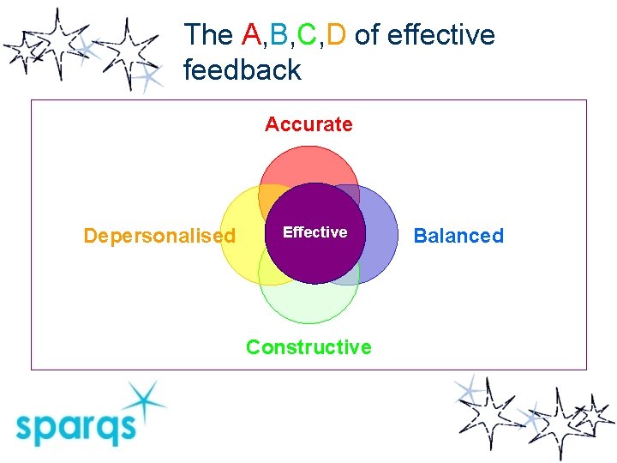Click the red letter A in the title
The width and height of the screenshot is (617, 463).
click(251, 35)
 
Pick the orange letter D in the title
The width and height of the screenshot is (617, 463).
click(336, 35)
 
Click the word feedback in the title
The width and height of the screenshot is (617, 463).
click(243, 69)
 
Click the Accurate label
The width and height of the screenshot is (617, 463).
click(308, 124)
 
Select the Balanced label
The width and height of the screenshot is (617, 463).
click(458, 236)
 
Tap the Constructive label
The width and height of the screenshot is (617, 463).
click(308, 347)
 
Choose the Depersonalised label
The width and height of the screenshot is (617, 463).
click(159, 236)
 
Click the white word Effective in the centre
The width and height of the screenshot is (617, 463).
click(314, 232)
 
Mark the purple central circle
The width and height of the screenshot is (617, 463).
click(314, 253)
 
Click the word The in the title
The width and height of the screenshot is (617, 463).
click(208, 35)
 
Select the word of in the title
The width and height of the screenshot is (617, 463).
click(365, 35)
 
